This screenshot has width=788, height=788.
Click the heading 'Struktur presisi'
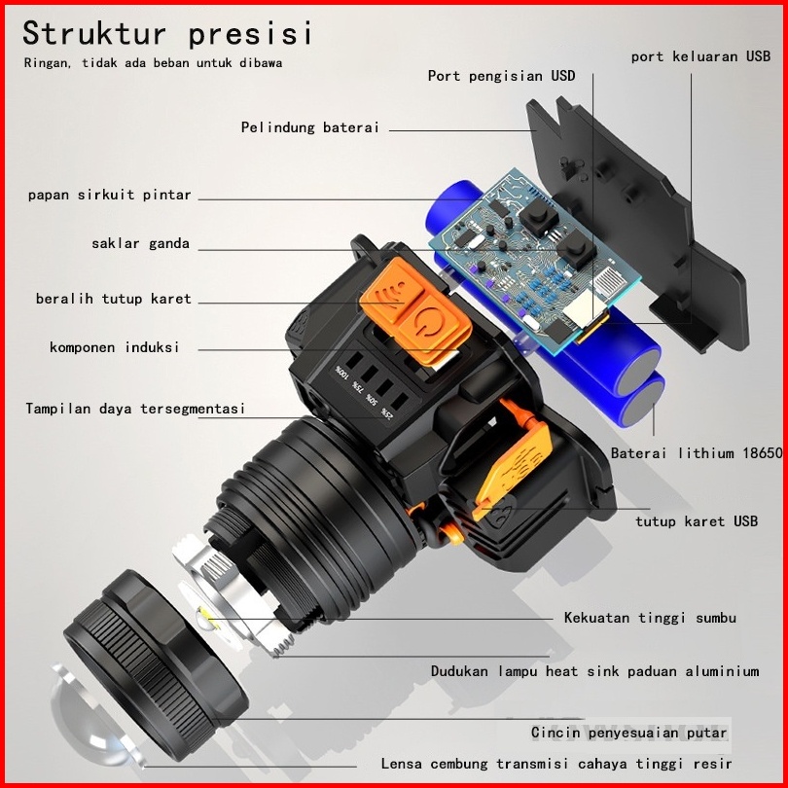[x=167, y=33]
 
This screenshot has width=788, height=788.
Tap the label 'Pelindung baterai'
[x=309, y=127]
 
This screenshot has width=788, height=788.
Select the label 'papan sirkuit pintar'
[x=109, y=196]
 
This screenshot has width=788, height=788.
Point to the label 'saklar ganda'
[x=140, y=244]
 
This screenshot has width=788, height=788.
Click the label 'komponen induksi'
[x=114, y=347]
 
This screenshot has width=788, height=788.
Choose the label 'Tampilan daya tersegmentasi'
[x=135, y=409]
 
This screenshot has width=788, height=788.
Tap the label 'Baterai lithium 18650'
[x=696, y=453]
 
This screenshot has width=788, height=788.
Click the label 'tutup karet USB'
[x=696, y=521]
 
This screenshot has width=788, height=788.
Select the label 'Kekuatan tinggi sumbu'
[x=650, y=618]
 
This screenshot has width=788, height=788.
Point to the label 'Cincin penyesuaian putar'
[x=628, y=733]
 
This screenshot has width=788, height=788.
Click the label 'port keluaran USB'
[x=700, y=56]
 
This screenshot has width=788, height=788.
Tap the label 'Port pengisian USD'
[x=501, y=76]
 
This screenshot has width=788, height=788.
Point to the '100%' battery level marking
[x=340, y=374]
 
